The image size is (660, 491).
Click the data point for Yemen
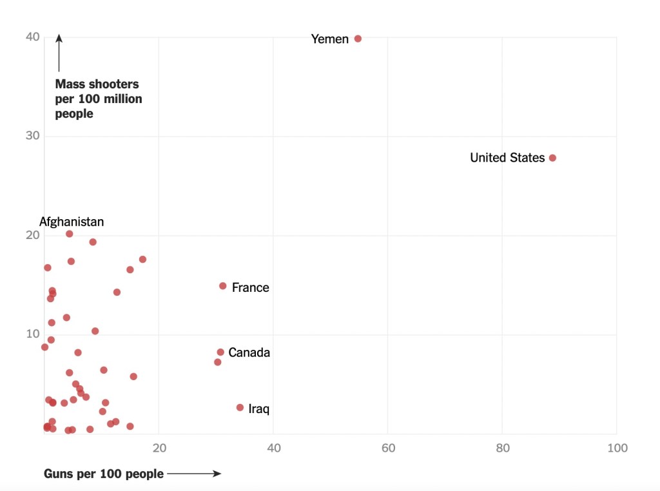point(358,39)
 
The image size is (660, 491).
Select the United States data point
point(552,158)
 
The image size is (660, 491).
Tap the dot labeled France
point(223,286)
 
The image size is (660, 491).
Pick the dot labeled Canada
point(220,352)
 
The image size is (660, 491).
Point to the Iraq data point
point(240,407)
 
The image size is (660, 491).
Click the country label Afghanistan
point(72,222)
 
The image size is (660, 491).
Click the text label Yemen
point(329,39)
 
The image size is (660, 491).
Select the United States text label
point(507,158)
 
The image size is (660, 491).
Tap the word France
point(251,287)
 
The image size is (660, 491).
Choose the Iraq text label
point(258,409)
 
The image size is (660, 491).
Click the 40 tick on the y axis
point(33,37)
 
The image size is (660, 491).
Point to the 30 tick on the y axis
point(33,136)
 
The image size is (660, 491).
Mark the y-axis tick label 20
point(33,235)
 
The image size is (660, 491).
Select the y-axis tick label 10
point(33,334)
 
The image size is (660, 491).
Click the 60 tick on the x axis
point(388,448)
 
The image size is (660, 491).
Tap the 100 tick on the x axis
point(617,448)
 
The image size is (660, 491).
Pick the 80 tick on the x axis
point(502,448)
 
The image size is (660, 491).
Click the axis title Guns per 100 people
point(104,474)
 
